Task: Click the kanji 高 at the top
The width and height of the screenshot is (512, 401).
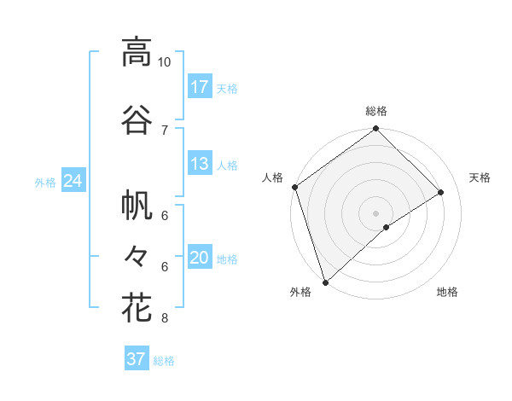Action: [137, 53]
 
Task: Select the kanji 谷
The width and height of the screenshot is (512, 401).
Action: [137, 120]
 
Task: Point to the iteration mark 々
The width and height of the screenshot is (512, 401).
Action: [137, 255]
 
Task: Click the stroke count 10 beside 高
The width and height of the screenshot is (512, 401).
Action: [165, 62]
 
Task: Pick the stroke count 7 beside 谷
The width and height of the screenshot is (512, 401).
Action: [165, 130]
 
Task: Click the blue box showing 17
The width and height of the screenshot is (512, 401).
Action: [200, 87]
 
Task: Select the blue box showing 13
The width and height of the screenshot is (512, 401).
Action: [200, 164]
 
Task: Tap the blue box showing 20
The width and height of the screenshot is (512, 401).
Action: [200, 259]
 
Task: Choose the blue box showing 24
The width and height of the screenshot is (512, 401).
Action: [73, 181]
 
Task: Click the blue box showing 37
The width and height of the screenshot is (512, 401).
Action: [137, 359]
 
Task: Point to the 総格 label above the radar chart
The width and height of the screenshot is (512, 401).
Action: [375, 111]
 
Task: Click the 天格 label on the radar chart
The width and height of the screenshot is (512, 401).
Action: [480, 177]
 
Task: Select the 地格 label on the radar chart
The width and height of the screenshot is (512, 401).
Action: [447, 292]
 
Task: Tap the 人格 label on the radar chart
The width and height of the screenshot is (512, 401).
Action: [272, 177]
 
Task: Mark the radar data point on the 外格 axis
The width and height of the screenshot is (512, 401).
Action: [325, 282]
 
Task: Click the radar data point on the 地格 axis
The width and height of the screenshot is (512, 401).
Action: [387, 227]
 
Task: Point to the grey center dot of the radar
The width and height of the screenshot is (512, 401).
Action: [375, 212]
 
